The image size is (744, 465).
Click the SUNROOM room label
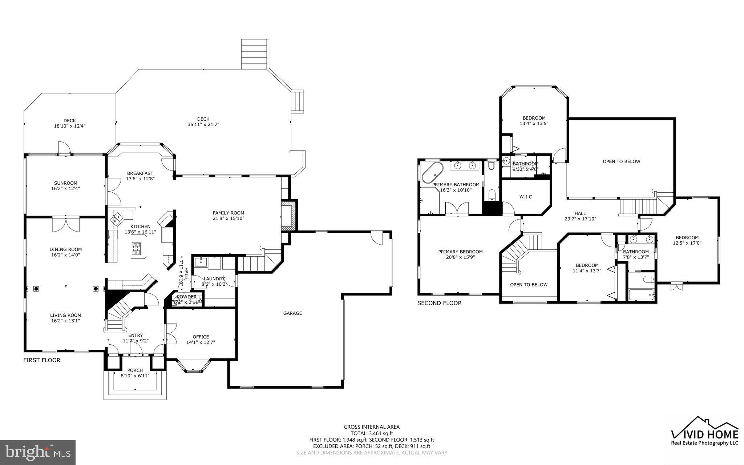point(66,183)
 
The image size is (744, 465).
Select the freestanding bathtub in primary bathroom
point(432,172)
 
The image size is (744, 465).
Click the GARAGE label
point(292,313)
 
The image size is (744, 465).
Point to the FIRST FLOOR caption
point(42,360)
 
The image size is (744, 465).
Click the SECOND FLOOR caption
point(439,303)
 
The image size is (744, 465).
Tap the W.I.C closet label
point(525,197)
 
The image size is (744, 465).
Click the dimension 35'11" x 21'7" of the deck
point(203,124)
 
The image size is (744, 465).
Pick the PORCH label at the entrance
point(135,370)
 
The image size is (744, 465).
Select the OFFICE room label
point(201,337)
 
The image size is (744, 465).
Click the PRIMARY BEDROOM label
point(460,252)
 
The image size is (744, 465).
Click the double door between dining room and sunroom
point(66,224)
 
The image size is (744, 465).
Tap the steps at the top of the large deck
point(255,54)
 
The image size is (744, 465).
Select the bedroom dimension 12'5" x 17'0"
point(687,243)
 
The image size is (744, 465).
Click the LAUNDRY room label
point(214,279)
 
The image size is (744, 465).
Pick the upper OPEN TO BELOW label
point(621,161)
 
